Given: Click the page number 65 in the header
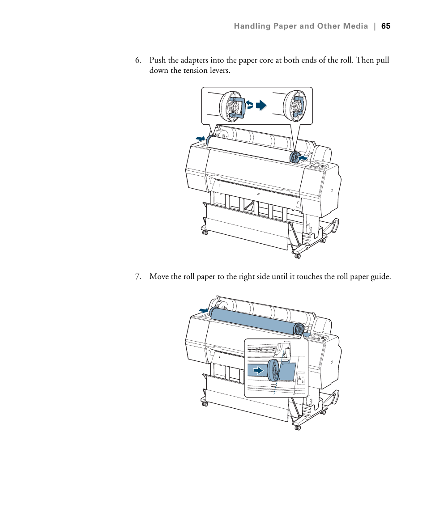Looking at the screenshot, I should (386, 26).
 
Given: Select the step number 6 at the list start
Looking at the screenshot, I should (138, 60).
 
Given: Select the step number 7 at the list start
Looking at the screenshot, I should (138, 277).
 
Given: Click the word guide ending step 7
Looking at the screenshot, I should (380, 277).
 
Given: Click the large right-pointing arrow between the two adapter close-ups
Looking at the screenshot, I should (261, 106).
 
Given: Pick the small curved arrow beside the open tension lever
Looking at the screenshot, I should (250, 106).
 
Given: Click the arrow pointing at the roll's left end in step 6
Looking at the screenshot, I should (200, 140).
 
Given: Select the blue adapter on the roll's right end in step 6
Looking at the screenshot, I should (295, 157).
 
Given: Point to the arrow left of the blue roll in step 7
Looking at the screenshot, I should (204, 310).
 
